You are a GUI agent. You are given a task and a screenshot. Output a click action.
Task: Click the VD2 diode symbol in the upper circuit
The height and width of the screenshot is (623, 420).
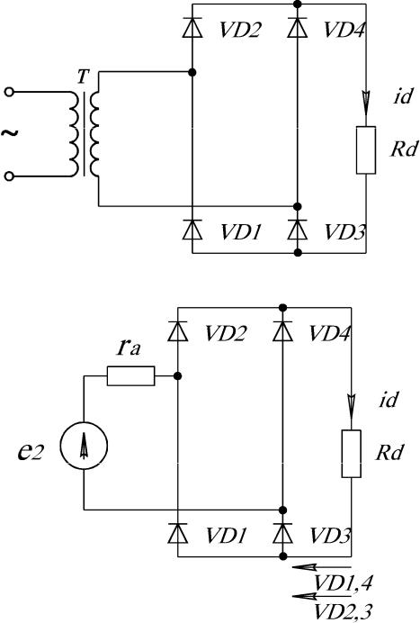pos(192,28)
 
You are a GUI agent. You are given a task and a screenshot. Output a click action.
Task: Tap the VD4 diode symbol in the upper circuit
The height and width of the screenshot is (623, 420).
pos(298,28)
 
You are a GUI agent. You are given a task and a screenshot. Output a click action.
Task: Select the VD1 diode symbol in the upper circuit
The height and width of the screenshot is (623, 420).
pos(192,230)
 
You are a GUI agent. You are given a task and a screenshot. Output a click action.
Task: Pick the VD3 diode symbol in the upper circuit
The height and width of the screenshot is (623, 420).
pos(298,230)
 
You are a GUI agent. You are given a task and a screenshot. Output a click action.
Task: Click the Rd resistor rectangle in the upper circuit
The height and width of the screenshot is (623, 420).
pos(366,150)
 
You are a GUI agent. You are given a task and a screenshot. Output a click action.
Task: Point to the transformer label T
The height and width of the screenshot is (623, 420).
pos(82,77)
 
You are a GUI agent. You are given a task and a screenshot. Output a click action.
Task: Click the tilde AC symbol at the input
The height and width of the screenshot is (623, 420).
pos(10,132)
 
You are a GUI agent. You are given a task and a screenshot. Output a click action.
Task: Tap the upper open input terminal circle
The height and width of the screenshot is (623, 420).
pos(10,92)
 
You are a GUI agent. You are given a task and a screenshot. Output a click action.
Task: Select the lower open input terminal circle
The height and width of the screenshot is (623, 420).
pos(10,176)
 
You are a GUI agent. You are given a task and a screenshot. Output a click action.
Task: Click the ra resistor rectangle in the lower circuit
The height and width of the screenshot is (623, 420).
pos(131,375)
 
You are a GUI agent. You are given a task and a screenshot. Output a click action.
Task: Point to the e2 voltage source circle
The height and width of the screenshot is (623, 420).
pos(84,446)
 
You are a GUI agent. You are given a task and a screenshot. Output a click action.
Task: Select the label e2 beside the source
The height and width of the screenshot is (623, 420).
pos(31,451)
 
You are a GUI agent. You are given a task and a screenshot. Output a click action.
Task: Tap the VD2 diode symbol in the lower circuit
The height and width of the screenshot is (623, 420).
pos(178,331)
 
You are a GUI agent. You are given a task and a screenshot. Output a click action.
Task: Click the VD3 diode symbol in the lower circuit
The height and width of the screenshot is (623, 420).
pos(282,533)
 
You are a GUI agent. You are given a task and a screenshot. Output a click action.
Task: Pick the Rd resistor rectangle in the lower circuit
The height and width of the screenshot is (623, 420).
pos(352,454)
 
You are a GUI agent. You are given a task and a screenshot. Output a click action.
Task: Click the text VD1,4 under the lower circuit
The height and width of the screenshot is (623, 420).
pos(343,583)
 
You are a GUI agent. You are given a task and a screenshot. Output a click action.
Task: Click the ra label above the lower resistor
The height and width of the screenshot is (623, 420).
pos(129,348)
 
